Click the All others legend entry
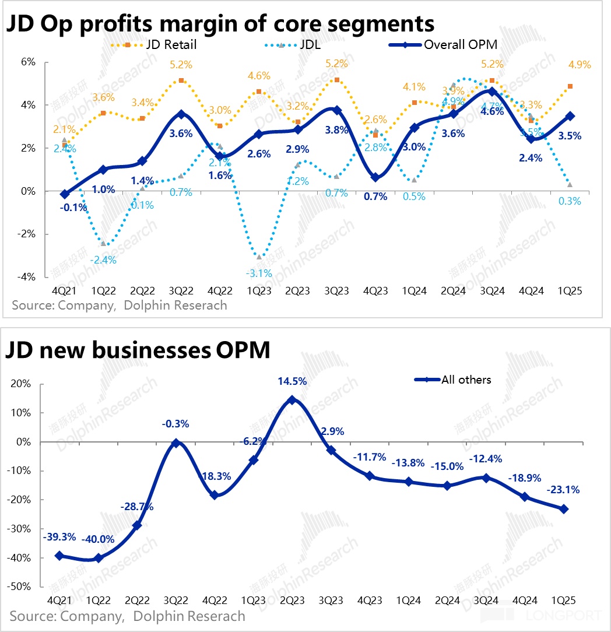point(466,380)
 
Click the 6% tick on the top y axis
point(28,62)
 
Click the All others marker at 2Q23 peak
point(292,400)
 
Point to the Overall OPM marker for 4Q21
point(64,194)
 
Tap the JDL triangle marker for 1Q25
point(570,184)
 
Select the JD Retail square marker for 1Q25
point(570,86)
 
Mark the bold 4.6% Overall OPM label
point(493,112)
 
